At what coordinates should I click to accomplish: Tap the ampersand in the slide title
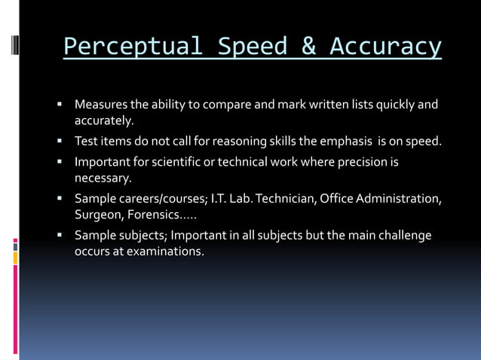[x=309, y=46]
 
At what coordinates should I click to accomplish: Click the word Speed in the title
[x=253, y=46]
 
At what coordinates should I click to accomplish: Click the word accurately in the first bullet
[x=103, y=121]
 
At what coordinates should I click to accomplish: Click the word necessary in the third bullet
[x=103, y=178]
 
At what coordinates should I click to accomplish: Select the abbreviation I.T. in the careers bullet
[x=225, y=199]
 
